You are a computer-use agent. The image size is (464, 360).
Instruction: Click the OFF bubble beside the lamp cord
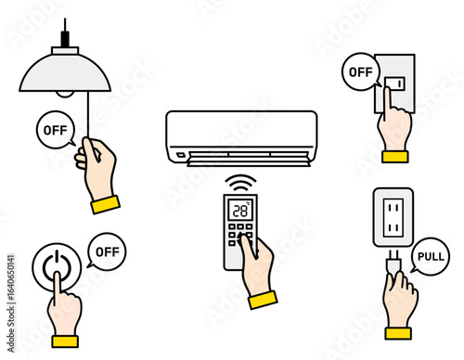pyautogui.click(x=56, y=130)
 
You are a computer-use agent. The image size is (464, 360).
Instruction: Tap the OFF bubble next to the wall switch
pyautogui.click(x=361, y=71)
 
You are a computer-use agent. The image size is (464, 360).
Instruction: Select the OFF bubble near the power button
pyautogui.click(x=107, y=251)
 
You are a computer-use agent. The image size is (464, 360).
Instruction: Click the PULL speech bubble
pyautogui.click(x=431, y=256)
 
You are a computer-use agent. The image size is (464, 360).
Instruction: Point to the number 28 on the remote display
pyautogui.click(x=240, y=211)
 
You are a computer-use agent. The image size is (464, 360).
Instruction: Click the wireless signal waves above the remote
pyautogui.click(x=240, y=183)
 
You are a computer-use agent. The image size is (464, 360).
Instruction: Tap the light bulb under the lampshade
pyautogui.click(x=65, y=94)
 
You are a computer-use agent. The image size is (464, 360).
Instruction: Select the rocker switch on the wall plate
pyautogui.click(x=394, y=84)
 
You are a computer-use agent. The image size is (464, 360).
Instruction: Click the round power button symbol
pyautogui.click(x=57, y=266)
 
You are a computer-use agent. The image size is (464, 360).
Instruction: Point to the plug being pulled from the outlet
pyautogui.click(x=394, y=264)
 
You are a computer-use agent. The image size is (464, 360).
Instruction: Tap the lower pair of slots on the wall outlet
pyautogui.click(x=393, y=228)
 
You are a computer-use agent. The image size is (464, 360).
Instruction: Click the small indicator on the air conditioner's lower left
pyautogui.click(x=181, y=155)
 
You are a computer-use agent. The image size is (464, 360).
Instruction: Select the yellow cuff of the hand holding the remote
pyautogui.click(x=263, y=300)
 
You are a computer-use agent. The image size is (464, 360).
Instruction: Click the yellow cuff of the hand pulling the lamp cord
pyautogui.click(x=106, y=204)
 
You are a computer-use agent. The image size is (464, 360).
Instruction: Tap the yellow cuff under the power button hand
pyautogui.click(x=65, y=341)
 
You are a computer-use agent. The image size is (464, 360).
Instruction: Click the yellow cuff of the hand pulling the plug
pyautogui.click(x=398, y=333)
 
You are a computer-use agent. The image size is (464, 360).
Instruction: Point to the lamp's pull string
pyautogui.click(x=88, y=115)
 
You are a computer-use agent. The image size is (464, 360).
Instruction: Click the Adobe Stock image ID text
pyautogui.click(x=11, y=303)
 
